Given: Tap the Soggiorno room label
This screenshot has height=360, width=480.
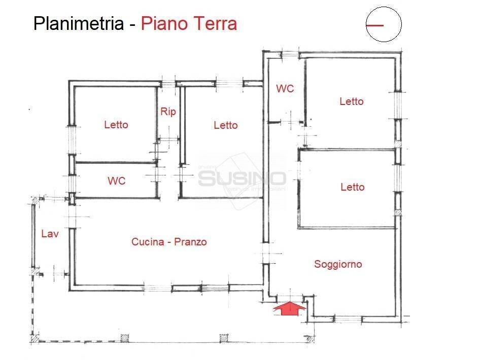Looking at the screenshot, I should [338, 264].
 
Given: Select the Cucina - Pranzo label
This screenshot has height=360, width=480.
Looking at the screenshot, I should [169, 242].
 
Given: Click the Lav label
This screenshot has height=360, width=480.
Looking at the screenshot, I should [50, 234].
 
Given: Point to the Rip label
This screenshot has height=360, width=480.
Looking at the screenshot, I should [168, 112].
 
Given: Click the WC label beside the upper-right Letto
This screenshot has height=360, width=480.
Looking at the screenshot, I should [285, 89].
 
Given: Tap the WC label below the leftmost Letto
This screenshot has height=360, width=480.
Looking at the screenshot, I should [116, 181].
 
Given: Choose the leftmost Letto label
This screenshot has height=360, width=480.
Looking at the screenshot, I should [116, 125].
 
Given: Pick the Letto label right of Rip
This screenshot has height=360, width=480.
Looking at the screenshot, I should [226, 125].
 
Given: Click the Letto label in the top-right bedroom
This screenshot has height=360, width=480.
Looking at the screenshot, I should [352, 101].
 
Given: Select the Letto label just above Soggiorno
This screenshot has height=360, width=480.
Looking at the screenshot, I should [353, 187].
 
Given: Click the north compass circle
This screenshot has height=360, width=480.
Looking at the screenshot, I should [384, 24].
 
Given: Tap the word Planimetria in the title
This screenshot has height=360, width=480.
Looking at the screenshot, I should [78, 24].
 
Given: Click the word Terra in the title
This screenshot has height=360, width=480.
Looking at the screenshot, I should [213, 24].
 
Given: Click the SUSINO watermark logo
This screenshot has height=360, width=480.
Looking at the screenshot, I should [242, 178].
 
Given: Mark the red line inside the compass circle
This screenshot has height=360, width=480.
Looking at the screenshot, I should [375, 24].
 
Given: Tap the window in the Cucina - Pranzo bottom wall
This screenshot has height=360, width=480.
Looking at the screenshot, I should [200, 288].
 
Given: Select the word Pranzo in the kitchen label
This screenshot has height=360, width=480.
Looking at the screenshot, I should [190, 242].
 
